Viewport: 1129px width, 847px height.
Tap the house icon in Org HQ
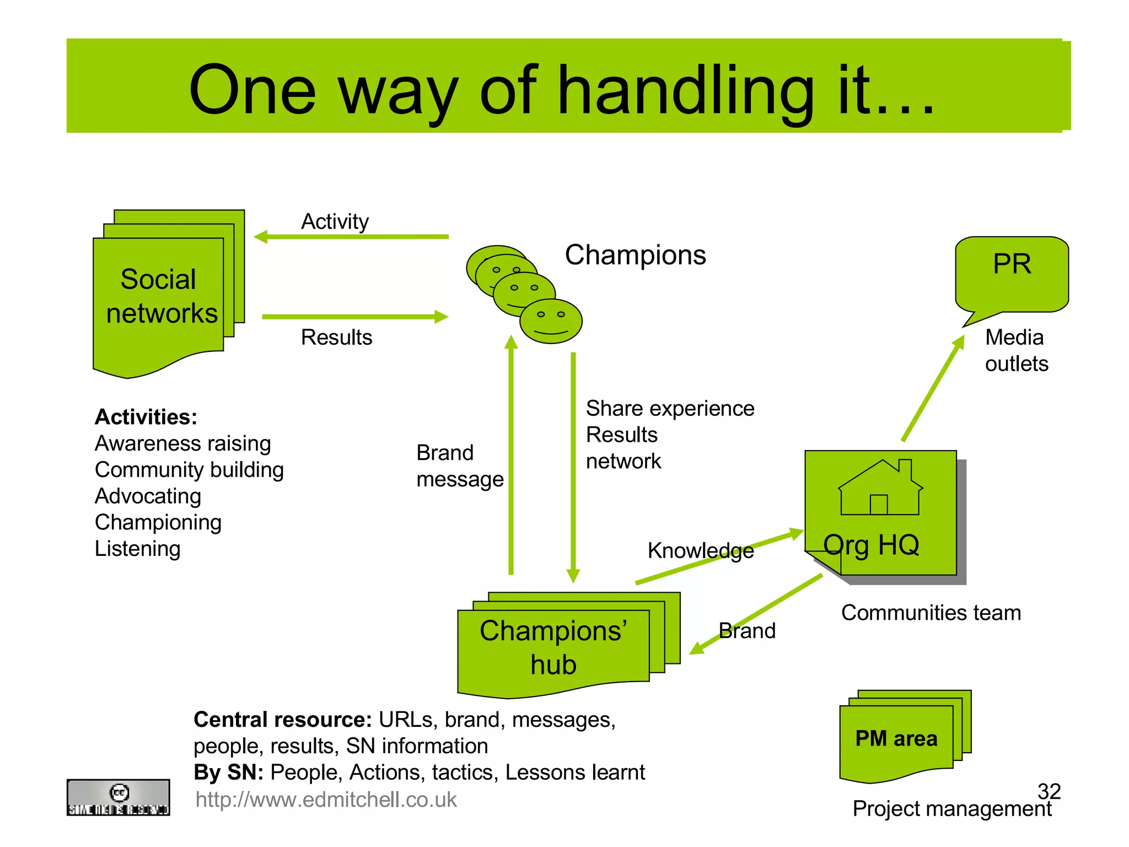pos(880,488)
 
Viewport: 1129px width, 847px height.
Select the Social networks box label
pos(160,296)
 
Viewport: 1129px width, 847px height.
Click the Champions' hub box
pos(553,647)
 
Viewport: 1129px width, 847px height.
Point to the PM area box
pos(896,738)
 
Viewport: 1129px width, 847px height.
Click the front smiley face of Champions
pos(551,321)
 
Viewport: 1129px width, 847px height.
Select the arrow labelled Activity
pos(352,237)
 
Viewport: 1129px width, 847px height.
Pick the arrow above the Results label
pos(354,317)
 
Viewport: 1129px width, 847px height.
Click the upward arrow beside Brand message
pos(511,455)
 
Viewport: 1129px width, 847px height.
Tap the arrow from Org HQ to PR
pos(933,388)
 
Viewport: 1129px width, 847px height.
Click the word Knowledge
pos(700,550)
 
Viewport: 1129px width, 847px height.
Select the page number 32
pos(1049,791)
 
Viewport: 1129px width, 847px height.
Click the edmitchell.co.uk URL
pos(326,800)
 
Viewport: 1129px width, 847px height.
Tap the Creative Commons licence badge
pos(118,797)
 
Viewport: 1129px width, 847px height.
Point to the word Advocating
pos(148,496)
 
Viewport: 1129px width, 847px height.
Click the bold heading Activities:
pos(146,417)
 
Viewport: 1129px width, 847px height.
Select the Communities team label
pos(931,613)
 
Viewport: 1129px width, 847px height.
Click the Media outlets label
pos(1015,350)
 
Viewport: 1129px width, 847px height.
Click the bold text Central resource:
pos(282,720)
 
